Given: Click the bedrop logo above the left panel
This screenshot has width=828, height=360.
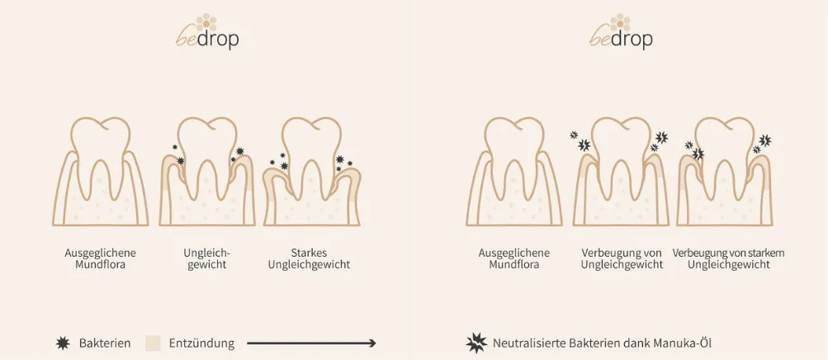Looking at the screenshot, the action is [x=206, y=33].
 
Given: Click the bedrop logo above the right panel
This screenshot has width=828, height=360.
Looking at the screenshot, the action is [x=621, y=33].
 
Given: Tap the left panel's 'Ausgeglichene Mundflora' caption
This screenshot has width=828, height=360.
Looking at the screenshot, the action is [x=100, y=258].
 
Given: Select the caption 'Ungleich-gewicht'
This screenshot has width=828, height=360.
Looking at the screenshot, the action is [x=205, y=258].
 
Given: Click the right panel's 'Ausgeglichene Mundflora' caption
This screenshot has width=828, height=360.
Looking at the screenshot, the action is [x=513, y=258].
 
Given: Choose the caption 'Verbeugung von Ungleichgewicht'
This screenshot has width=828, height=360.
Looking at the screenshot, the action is [x=622, y=258].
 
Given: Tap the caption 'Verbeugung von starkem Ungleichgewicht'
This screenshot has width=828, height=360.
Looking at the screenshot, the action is [x=728, y=258].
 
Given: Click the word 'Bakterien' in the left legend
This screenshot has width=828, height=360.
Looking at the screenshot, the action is [x=105, y=343].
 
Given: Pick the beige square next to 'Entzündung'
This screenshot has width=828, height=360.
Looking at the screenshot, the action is [x=152, y=343].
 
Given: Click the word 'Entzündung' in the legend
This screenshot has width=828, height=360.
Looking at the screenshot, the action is [x=201, y=343].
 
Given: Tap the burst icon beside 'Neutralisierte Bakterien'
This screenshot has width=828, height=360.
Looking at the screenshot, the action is [x=476, y=343].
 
